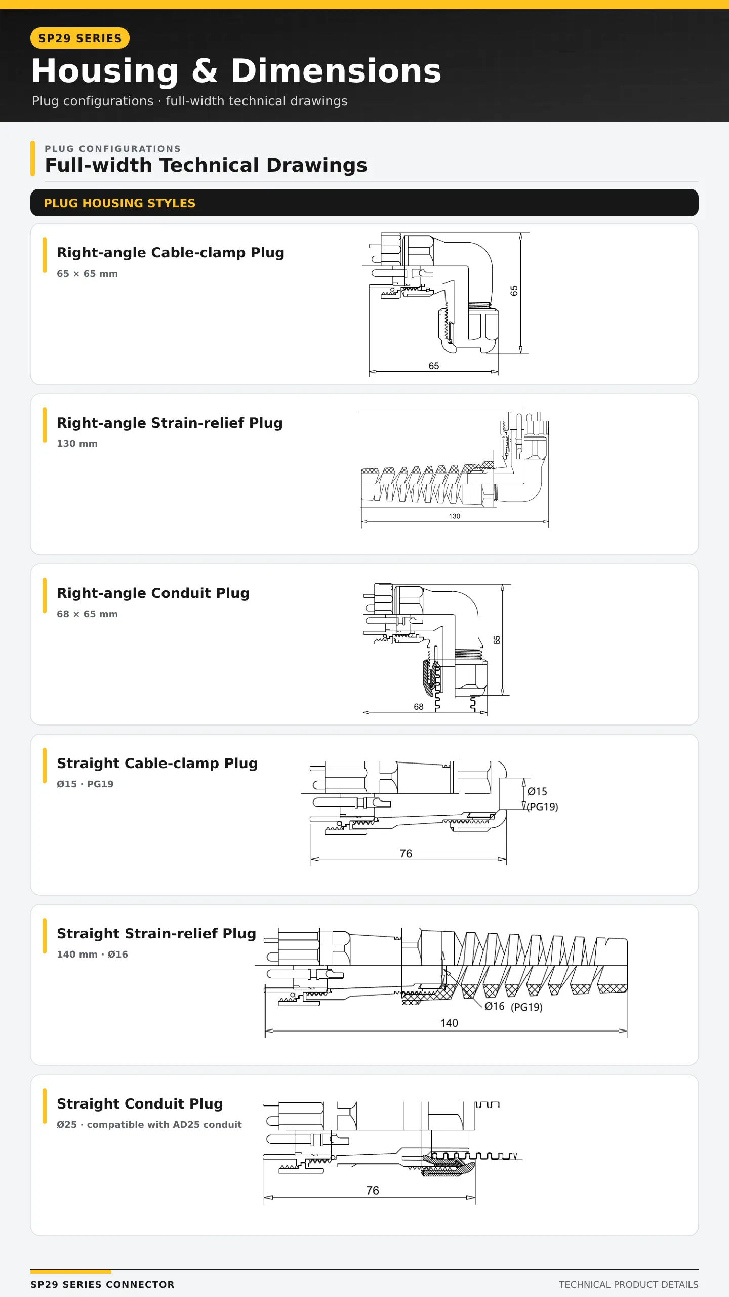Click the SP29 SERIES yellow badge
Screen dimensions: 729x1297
click(x=80, y=38)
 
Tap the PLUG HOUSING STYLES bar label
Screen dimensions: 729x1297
click(x=119, y=203)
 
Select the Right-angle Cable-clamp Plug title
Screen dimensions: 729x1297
click(x=171, y=252)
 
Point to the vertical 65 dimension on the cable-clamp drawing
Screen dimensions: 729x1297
click(x=514, y=291)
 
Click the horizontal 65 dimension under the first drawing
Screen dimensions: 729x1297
click(x=434, y=366)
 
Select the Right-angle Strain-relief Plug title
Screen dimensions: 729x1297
click(x=170, y=423)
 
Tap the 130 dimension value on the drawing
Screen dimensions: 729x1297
click(x=455, y=516)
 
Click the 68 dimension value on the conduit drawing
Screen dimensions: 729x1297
click(x=419, y=707)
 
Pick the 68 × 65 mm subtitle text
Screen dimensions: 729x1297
click(x=87, y=614)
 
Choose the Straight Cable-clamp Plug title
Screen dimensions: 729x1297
click(x=157, y=763)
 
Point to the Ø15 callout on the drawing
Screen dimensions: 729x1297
click(x=537, y=791)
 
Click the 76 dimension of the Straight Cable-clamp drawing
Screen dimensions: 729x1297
click(x=406, y=854)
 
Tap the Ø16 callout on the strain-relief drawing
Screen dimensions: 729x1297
click(x=495, y=1006)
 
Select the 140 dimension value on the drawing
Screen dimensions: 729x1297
click(x=449, y=1023)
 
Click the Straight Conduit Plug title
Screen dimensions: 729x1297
click(x=140, y=1103)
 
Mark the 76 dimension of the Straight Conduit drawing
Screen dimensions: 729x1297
click(x=373, y=1190)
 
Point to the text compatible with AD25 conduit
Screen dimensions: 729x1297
click(x=164, y=1125)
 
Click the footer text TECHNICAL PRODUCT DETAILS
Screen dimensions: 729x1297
click(x=629, y=1284)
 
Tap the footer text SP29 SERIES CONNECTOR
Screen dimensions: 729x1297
click(x=102, y=1284)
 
